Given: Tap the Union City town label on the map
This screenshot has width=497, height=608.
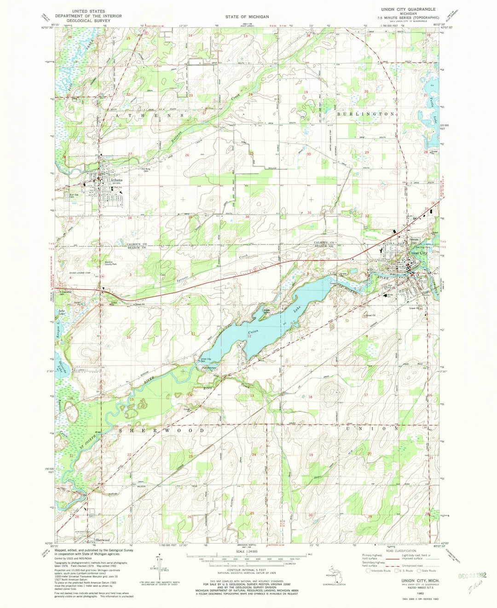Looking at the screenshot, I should pyautogui.click(x=418, y=253).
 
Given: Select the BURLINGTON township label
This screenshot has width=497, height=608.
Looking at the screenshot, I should pyautogui.click(x=366, y=114).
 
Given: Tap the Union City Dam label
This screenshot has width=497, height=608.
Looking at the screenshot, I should pyautogui.click(x=205, y=360).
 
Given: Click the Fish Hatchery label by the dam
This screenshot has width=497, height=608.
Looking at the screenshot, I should pyautogui.click(x=209, y=368).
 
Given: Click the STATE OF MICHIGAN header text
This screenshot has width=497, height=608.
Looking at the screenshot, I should pyautogui.click(x=247, y=17).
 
